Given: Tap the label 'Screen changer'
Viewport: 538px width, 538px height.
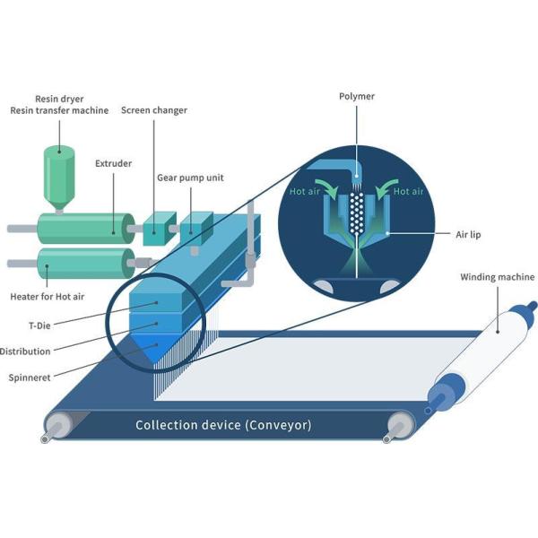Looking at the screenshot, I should pos(153,110).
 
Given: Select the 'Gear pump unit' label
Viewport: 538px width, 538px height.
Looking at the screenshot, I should pos(190,178).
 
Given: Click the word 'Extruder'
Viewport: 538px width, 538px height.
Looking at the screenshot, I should pos(114,163).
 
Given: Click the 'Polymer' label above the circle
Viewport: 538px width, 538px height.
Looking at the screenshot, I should pos(357,96).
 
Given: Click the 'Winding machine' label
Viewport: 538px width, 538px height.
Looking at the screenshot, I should pos(498,277).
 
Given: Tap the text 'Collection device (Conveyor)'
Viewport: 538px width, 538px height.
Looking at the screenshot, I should pos(223,425).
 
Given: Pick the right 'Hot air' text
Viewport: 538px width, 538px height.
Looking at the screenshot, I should pos(408,192).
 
